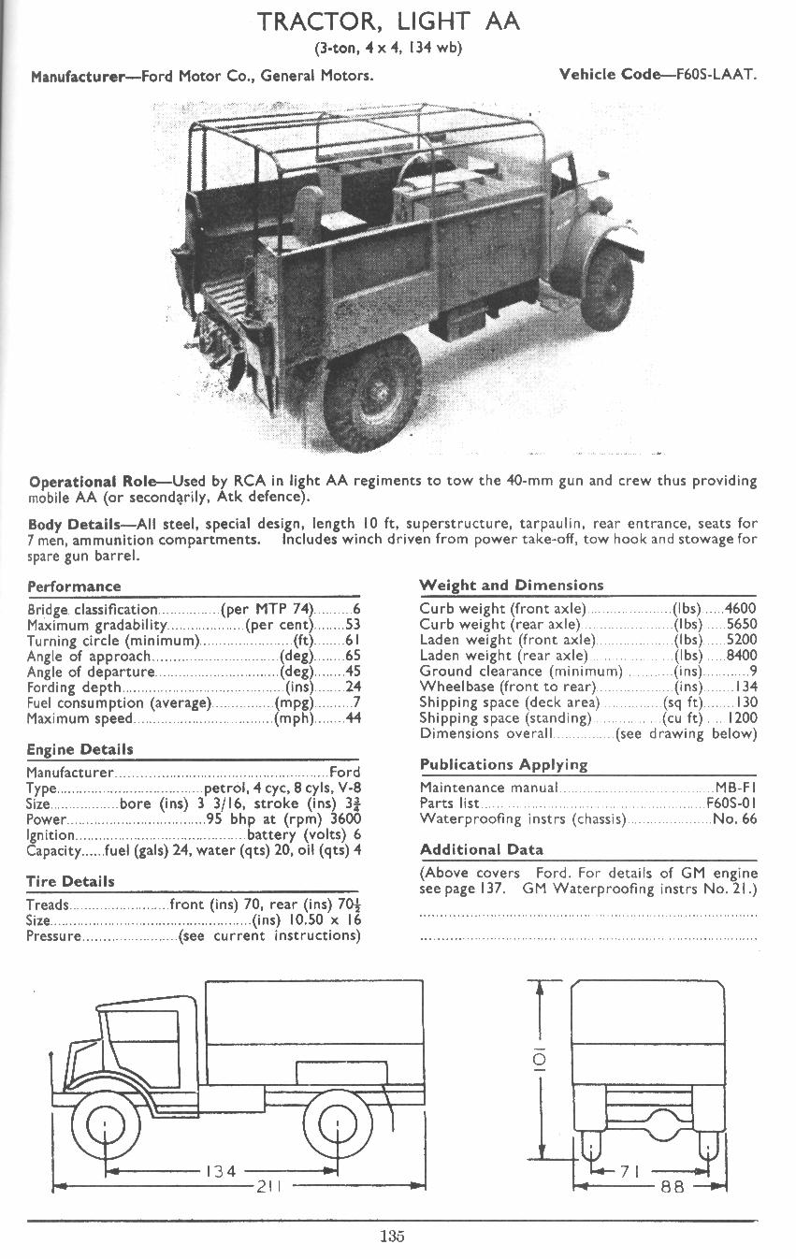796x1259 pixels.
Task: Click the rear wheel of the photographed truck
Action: [x=370, y=393]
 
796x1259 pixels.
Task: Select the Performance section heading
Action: [x=74, y=586]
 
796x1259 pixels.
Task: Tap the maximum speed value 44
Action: [x=353, y=718]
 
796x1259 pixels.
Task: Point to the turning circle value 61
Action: [x=353, y=641]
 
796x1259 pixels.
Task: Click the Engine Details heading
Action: [x=80, y=749]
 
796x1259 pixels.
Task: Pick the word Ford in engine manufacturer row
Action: [x=344, y=773]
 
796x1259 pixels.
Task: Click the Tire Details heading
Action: [x=70, y=881]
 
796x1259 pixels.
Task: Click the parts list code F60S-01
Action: [x=731, y=803]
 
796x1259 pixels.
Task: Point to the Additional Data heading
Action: [x=482, y=850]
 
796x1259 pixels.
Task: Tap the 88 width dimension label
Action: [x=672, y=1187]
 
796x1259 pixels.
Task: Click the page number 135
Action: [x=392, y=1237]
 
